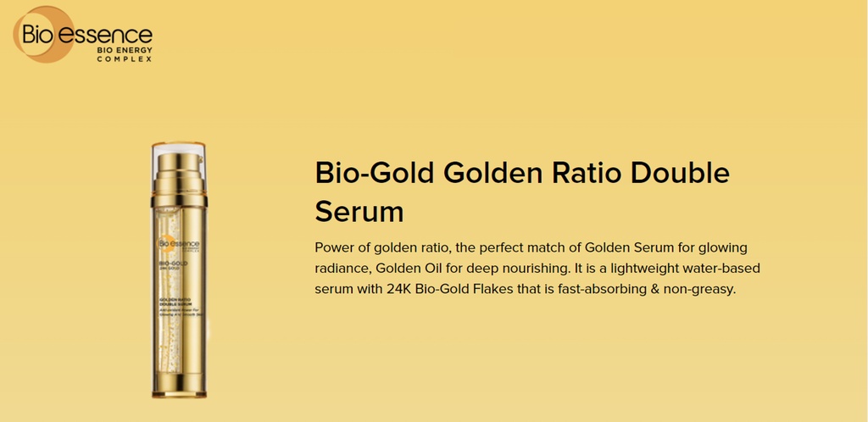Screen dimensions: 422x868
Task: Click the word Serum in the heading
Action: click(x=359, y=211)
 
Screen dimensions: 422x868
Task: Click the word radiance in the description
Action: click(x=345, y=269)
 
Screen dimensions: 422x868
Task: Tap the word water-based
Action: click(x=725, y=269)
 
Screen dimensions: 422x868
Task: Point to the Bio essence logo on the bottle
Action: click(x=177, y=244)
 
